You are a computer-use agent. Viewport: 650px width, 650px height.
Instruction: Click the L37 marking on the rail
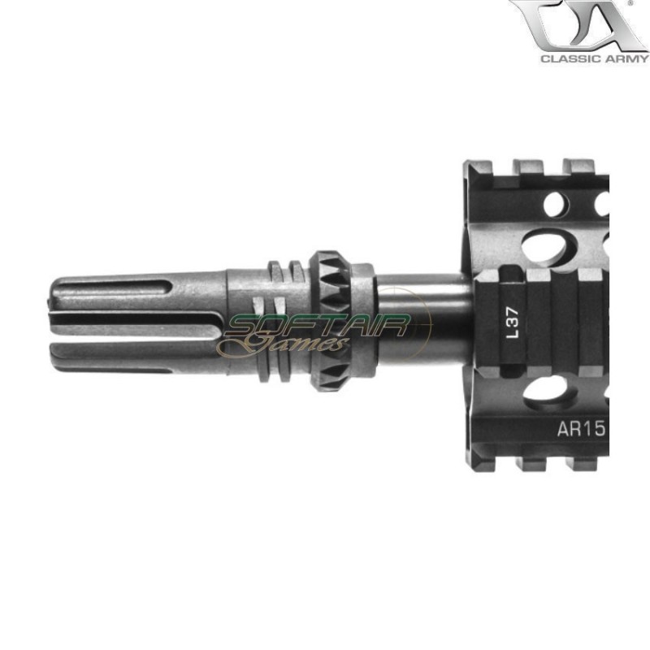512,322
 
